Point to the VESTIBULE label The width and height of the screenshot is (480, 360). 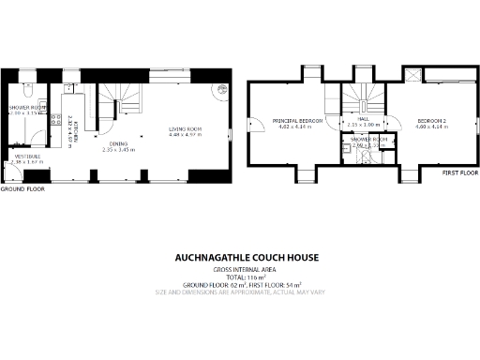tap(26, 156)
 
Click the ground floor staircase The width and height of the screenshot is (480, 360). tap(123, 95)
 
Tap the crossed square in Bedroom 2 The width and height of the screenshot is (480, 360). tap(414, 76)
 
